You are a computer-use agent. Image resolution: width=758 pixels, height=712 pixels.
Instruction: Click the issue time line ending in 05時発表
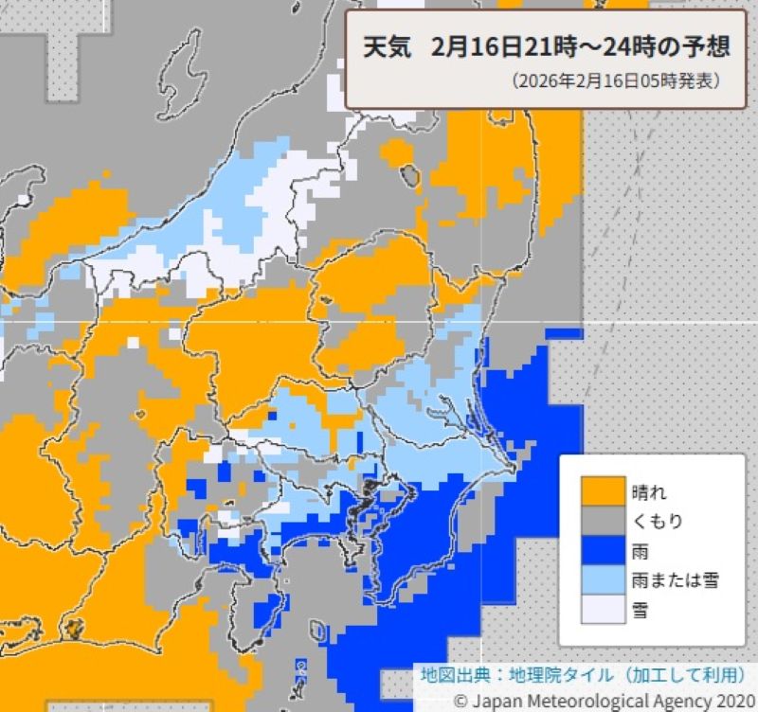tap(615, 81)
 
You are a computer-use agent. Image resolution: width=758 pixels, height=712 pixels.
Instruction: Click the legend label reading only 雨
tap(640, 550)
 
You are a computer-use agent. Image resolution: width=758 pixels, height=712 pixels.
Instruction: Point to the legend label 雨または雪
tap(673, 579)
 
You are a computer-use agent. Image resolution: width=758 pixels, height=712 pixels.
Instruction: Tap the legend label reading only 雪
tap(640, 610)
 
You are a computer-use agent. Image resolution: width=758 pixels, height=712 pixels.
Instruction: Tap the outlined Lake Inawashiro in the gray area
tap(409, 174)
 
